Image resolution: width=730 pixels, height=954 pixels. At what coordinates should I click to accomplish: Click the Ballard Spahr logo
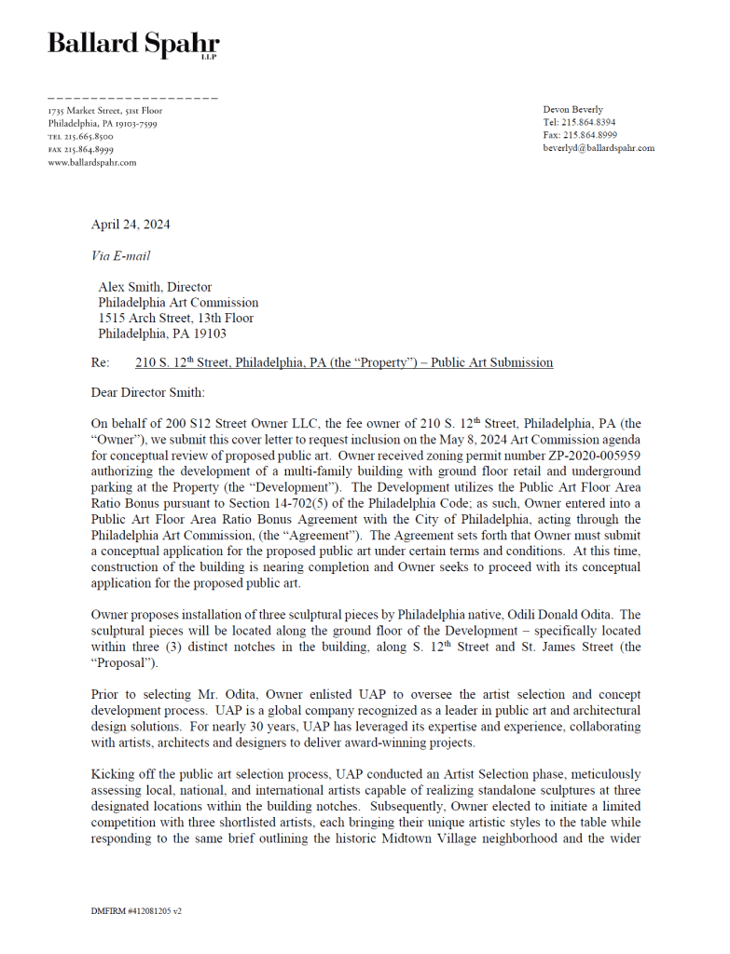pyautogui.click(x=133, y=45)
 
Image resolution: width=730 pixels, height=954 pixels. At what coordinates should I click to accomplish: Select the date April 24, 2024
pyautogui.click(x=131, y=225)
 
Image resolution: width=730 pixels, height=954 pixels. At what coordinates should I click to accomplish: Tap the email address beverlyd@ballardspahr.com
pyautogui.click(x=599, y=148)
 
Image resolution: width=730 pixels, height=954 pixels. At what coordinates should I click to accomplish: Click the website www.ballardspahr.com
pyautogui.click(x=92, y=162)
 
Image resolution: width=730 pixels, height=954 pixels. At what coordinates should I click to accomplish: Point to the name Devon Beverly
pyautogui.click(x=572, y=110)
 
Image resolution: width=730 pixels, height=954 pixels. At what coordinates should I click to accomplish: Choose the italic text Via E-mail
pyautogui.click(x=120, y=256)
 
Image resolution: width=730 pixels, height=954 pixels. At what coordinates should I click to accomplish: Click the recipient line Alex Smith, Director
pyautogui.click(x=155, y=288)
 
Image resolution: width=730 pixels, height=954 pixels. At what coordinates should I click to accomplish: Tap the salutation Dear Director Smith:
pyautogui.click(x=148, y=393)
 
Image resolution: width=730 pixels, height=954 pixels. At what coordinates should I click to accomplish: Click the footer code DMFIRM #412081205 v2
pyautogui.click(x=136, y=910)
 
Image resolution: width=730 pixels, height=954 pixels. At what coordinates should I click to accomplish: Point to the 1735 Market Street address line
pyautogui.click(x=105, y=111)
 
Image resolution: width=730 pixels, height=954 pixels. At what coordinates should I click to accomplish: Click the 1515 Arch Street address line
pyautogui.click(x=175, y=319)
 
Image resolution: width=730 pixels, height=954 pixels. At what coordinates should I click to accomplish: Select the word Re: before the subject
pyautogui.click(x=100, y=363)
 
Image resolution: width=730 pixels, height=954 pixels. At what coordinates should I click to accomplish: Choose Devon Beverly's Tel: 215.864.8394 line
pyautogui.click(x=579, y=122)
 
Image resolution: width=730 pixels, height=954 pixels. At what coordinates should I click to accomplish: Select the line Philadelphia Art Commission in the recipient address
pyautogui.click(x=178, y=303)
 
